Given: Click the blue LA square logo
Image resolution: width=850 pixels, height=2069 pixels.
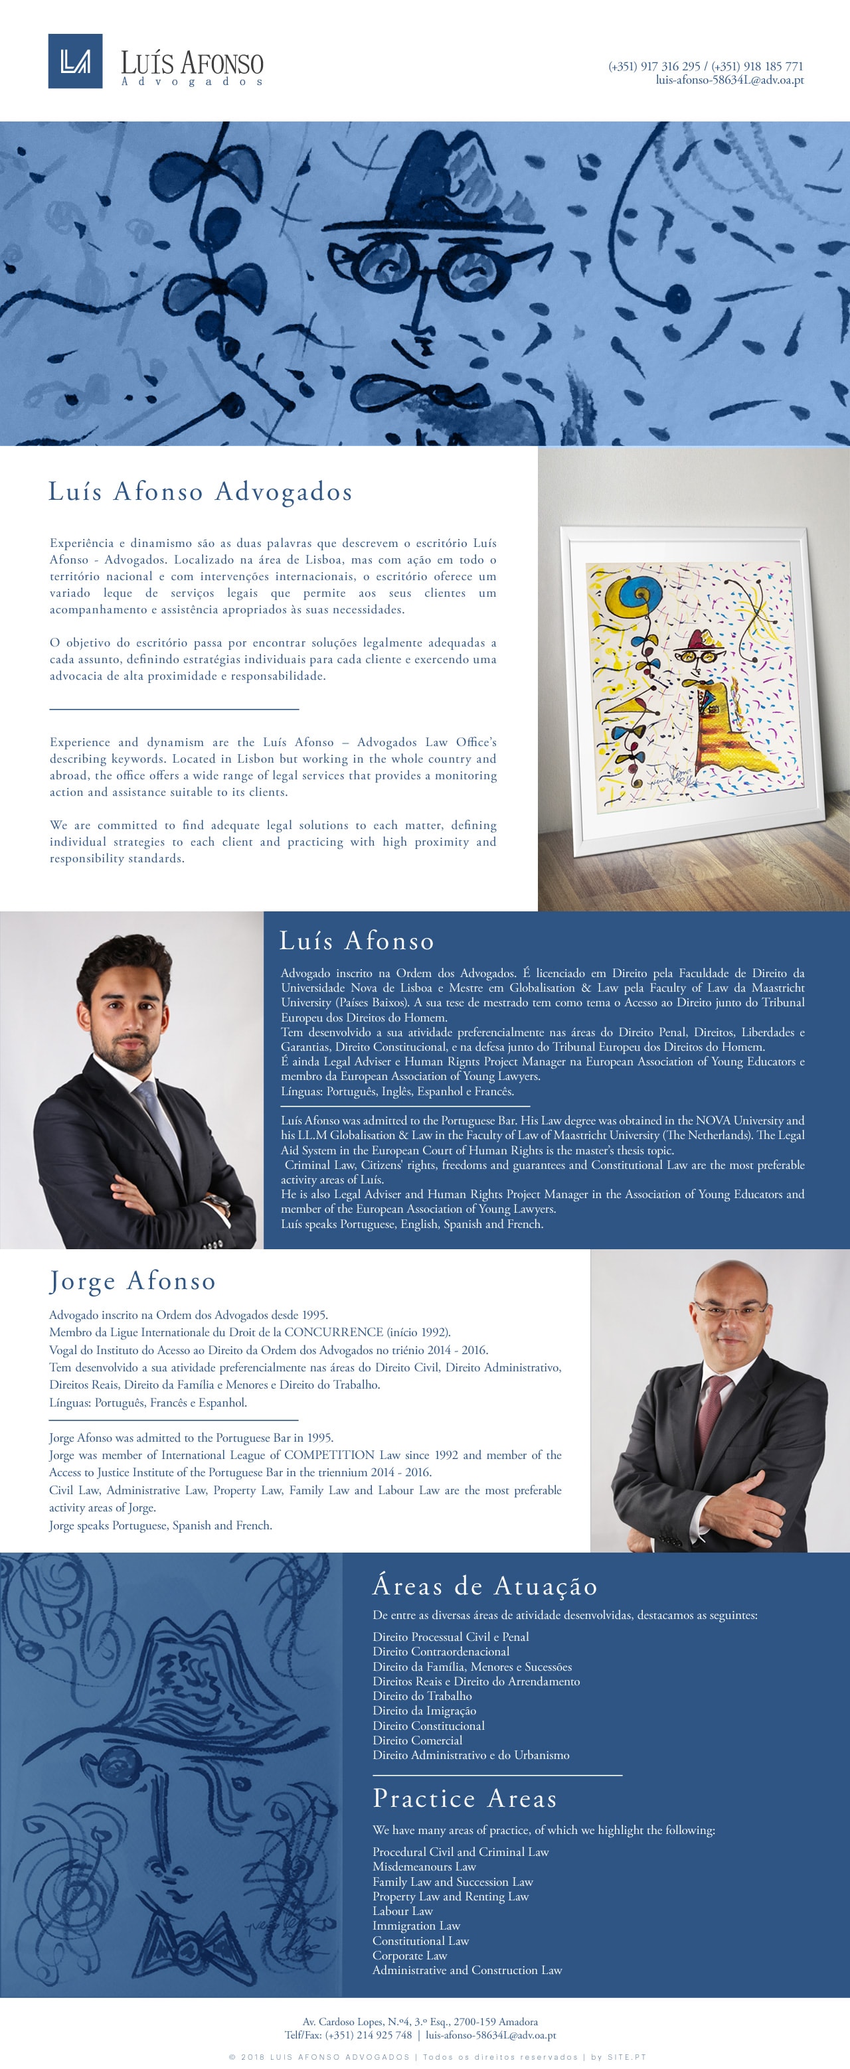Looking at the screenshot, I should (x=75, y=61).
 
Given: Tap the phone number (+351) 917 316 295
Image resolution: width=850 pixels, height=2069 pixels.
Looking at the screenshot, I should (x=654, y=66).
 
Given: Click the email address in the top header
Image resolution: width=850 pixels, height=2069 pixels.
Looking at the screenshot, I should (x=728, y=80).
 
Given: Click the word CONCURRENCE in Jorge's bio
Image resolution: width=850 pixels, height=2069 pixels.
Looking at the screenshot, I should (x=333, y=1332).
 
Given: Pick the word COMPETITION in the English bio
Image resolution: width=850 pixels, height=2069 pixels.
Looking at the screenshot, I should (x=329, y=1454).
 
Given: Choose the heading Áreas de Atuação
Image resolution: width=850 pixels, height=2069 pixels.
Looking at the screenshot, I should (x=485, y=1586).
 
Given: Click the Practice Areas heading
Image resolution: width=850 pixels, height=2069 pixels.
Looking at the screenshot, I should (x=464, y=1798).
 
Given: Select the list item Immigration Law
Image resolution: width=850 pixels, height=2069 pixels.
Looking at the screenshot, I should (x=416, y=1925).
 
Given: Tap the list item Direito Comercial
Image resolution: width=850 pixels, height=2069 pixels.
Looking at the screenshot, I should (x=417, y=1740).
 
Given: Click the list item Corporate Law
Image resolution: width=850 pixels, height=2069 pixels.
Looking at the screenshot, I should (x=409, y=1955).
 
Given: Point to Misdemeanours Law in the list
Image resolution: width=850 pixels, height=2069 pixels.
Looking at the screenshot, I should (x=424, y=1867).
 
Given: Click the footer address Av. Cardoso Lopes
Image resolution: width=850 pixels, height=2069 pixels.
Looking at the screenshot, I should (x=420, y=2022).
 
